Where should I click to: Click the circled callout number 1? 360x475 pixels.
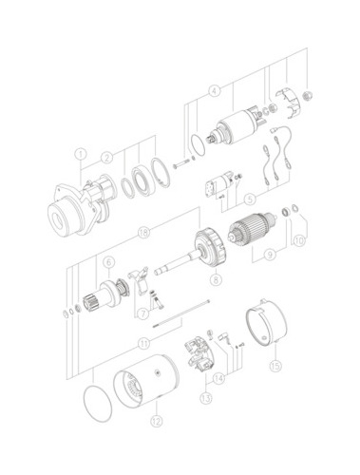tap(81, 155)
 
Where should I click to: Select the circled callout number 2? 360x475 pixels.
tap(107, 157)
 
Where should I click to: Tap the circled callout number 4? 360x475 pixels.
tap(215, 91)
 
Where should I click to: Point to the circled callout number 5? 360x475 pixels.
tap(250, 199)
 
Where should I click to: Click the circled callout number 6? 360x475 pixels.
tap(108, 262)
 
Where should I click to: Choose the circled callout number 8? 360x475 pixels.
tap(217, 278)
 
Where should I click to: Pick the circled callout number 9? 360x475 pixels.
tap(270, 255)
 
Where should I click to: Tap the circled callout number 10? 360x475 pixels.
tap(298, 240)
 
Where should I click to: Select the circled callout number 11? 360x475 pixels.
tap(144, 344)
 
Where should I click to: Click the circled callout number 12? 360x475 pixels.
tap(157, 421)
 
